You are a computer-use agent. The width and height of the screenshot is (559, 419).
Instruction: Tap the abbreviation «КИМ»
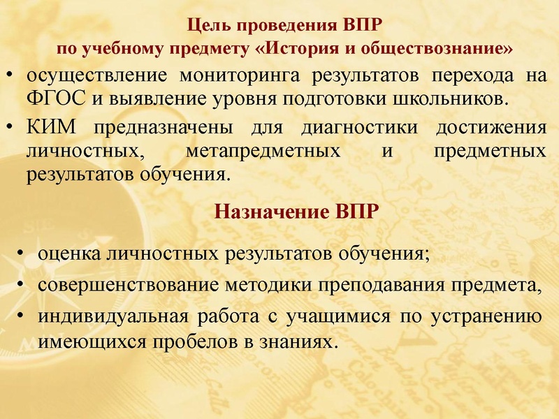tap(52, 128)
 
